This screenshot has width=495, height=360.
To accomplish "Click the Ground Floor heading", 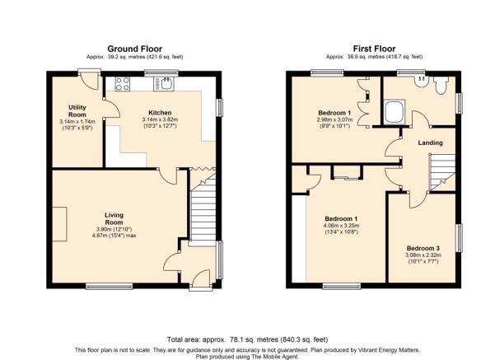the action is click(135, 49).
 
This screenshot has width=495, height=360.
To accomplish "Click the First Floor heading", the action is click(374, 49).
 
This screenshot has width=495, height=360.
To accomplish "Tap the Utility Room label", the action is click(77, 111).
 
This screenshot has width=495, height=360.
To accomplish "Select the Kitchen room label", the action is click(160, 113).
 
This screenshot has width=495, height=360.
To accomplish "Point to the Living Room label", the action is click(114, 218).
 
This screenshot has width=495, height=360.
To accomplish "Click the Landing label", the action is click(430, 143).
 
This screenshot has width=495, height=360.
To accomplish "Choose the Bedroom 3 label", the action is click(423, 248).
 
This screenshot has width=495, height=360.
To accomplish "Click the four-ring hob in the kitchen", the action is click(123, 84).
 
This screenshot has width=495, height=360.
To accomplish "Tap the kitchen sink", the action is click(164, 84).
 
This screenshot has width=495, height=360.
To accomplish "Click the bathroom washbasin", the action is click(422, 81).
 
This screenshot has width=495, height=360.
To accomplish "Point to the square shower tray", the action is click(394, 113).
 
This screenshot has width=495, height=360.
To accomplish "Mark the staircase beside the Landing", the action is click(442, 172).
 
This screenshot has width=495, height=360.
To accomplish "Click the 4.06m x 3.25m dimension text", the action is click(342, 226).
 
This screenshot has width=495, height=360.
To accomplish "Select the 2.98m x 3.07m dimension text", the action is click(334, 120).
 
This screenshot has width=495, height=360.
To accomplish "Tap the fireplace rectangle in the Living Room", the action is click(59, 224).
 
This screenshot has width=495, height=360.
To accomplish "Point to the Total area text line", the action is click(247, 339).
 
